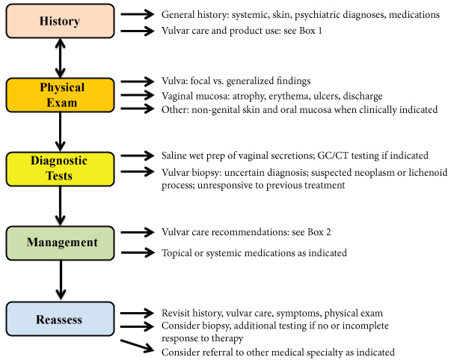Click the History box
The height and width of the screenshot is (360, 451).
pos(59,21)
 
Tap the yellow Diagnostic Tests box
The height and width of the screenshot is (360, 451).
pos(59,168)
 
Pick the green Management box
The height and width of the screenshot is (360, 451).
pos(59,242)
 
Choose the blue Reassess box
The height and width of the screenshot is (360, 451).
pos(59,320)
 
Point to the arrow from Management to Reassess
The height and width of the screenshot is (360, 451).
pos(59,281)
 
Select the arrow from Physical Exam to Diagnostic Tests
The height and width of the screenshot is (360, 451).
pos(59,132)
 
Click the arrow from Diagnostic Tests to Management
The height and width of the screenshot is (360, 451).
pos(59,206)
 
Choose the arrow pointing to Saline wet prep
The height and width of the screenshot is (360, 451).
pos(139,156)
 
